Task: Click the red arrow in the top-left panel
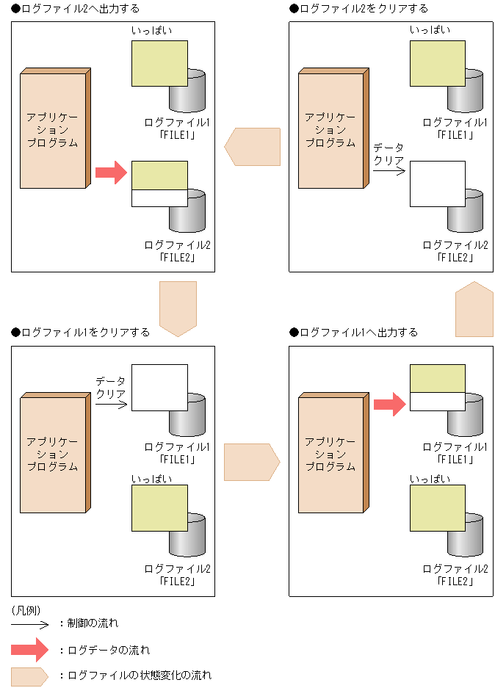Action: [x=111, y=173]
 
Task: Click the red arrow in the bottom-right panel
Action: [x=389, y=404]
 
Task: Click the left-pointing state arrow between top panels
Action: [x=253, y=146]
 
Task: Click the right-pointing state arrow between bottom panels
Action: [x=252, y=462]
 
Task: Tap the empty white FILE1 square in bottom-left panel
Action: [x=159, y=387]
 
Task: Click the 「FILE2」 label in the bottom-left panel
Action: [x=177, y=581]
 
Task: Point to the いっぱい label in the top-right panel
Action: [x=430, y=29]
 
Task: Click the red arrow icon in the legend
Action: [x=29, y=650]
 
